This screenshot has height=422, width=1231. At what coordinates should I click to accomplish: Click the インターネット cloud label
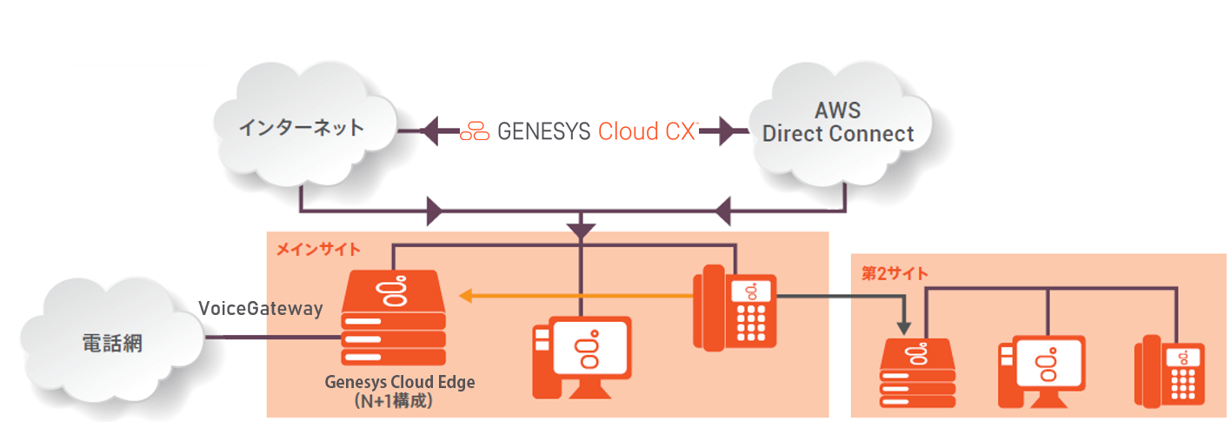point(303,129)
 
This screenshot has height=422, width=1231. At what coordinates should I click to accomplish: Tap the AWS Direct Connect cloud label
point(838,123)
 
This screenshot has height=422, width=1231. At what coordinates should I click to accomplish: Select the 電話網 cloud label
point(106,343)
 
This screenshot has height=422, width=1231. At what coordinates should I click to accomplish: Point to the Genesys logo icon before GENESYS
point(476,131)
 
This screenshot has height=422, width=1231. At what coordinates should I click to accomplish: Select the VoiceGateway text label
point(261,309)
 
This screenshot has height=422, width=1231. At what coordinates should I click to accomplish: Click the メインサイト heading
point(318,250)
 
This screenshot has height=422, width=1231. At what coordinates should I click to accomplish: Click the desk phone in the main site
point(734,308)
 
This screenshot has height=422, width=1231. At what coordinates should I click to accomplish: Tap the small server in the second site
point(918,373)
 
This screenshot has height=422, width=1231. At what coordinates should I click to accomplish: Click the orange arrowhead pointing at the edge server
point(467,297)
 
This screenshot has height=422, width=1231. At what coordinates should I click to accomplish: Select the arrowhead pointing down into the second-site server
point(905,329)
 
